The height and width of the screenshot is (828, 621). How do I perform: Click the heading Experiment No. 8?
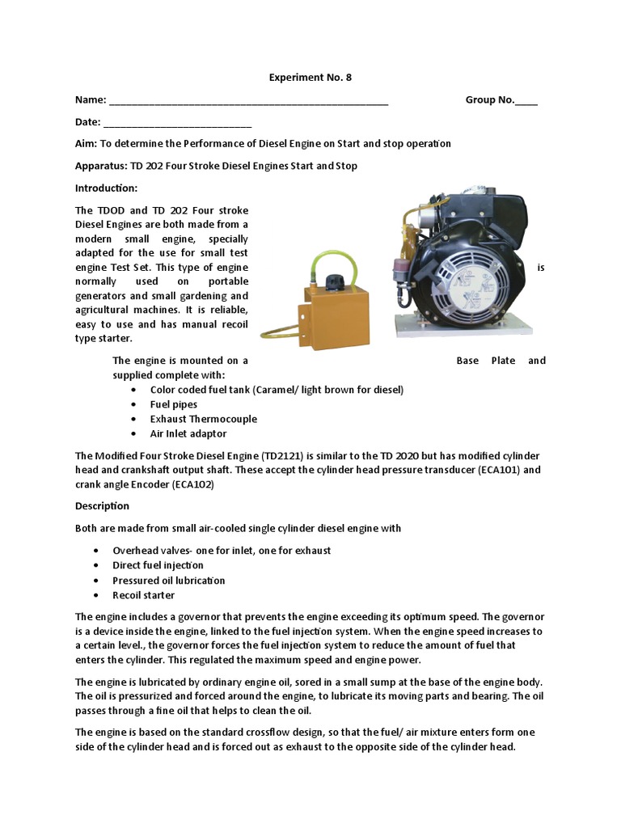(310, 78)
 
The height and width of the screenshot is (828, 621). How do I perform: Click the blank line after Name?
(248, 101)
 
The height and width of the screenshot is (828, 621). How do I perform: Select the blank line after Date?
(178, 123)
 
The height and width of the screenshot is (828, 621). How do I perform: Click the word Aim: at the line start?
(86, 143)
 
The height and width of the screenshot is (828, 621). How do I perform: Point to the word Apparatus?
(101, 166)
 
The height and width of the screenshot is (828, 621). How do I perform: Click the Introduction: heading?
(107, 188)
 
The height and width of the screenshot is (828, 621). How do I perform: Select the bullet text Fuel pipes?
(173, 404)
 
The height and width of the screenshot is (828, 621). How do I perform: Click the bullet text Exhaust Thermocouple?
(203, 419)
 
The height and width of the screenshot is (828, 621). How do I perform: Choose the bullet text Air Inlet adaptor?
(188, 433)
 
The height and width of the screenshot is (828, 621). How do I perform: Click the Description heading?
(102, 506)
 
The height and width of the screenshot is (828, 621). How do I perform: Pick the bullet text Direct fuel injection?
(158, 565)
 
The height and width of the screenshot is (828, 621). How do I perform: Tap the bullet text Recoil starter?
(143, 595)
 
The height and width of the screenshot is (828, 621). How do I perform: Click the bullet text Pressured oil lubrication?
(168, 581)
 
